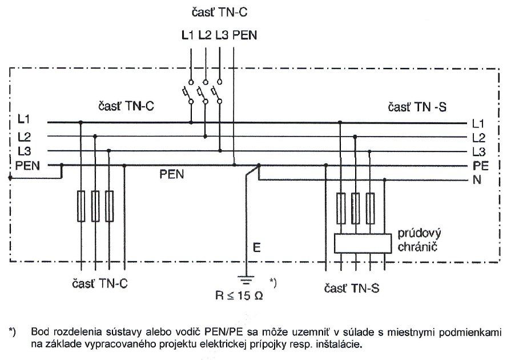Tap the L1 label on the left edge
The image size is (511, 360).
point(23,121)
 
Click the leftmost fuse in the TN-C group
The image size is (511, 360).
point(81,207)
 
